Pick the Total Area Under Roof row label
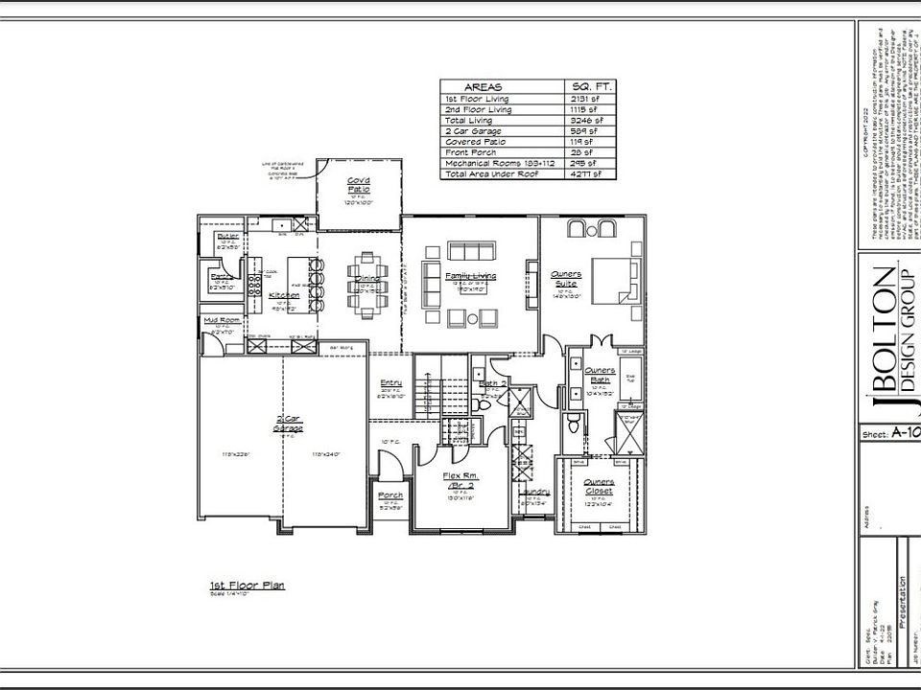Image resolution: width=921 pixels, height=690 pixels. pos(490,173)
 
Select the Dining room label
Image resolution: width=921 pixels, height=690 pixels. pos(367,279)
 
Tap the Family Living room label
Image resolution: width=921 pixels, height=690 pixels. pos(470,276)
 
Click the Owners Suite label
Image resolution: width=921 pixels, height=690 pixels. pos(566,278)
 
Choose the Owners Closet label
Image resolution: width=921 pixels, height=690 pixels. pos(600,486)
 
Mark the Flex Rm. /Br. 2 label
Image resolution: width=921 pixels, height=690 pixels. pos(460,480)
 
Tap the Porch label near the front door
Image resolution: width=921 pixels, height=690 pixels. pos(390,495)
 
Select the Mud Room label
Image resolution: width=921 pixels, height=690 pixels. pos(222,320)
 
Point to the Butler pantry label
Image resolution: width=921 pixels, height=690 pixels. pos(227,236)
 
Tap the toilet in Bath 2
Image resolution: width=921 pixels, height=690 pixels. pos(484,405)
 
